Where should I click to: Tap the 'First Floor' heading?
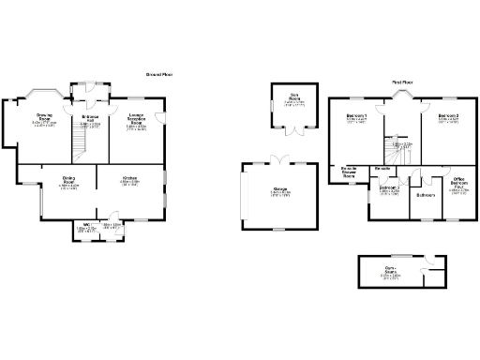pyautogui.click(x=403, y=82)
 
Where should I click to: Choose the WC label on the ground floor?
pyautogui.click(x=85, y=225)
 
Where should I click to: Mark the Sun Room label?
pyautogui.click(x=293, y=97)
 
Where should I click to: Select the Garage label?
pyautogui.click(x=279, y=189)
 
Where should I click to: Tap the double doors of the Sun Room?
pyautogui.click(x=293, y=129)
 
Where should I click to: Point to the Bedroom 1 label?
pyautogui.click(x=356, y=117)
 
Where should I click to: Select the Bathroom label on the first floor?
pyautogui.click(x=426, y=195)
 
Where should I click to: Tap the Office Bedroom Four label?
pyautogui.click(x=458, y=182)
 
